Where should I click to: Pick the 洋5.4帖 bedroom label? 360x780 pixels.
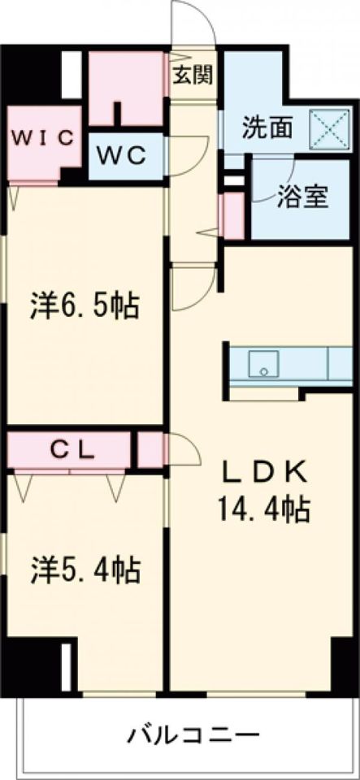point(85,569)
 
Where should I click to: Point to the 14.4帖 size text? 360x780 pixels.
point(262,509)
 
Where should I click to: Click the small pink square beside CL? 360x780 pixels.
point(150,450)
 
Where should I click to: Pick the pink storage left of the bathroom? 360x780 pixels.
point(232,215)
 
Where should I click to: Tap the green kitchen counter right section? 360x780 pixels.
point(340,364)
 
